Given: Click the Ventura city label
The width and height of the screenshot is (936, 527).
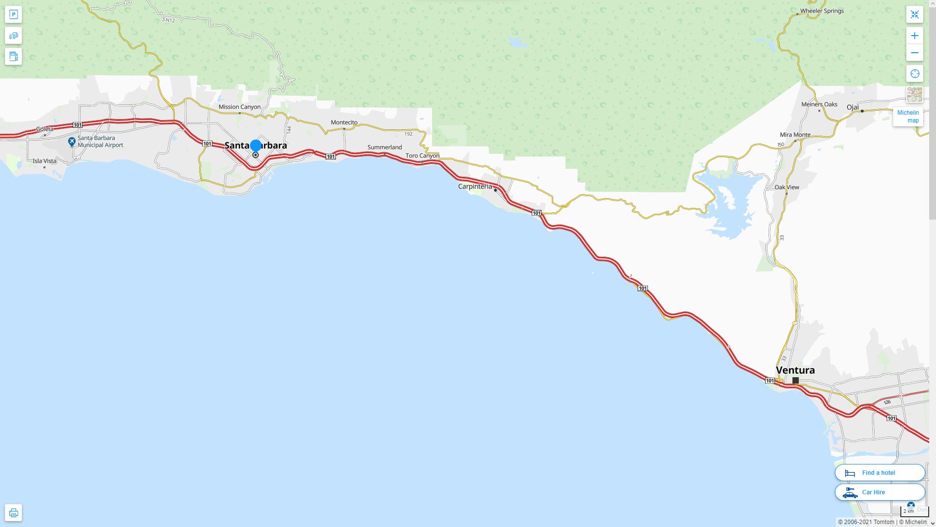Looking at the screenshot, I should (x=795, y=370).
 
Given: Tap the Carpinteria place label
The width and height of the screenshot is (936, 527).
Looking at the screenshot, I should (x=475, y=186).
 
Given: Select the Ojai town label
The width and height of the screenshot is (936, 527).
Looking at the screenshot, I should (x=853, y=107).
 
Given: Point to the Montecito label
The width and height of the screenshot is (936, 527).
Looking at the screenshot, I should (x=344, y=122).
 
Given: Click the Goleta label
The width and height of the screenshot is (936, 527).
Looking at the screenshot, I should (x=44, y=129).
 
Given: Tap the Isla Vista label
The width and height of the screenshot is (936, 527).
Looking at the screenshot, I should (x=44, y=161).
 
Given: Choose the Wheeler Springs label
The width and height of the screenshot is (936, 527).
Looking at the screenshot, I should (x=822, y=11).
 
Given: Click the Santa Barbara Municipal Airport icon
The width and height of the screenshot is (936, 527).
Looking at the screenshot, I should (x=72, y=142).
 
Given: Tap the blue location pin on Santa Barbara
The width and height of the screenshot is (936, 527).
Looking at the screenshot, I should (x=255, y=146).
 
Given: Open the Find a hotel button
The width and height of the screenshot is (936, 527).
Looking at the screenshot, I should (x=879, y=472).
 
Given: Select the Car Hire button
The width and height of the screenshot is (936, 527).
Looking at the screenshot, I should (x=879, y=492).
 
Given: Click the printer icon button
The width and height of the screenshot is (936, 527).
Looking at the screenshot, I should (x=14, y=513).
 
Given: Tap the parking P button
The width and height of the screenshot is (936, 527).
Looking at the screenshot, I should (x=14, y=15).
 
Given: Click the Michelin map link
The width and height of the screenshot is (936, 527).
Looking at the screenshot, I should (x=908, y=117).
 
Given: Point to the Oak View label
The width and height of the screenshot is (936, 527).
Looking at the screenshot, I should (x=787, y=187).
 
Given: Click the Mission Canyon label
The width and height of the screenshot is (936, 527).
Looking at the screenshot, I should (x=239, y=107).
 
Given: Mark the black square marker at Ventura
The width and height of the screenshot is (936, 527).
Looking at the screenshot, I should (x=795, y=380).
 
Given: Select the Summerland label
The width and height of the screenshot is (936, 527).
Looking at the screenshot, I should (x=384, y=147).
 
